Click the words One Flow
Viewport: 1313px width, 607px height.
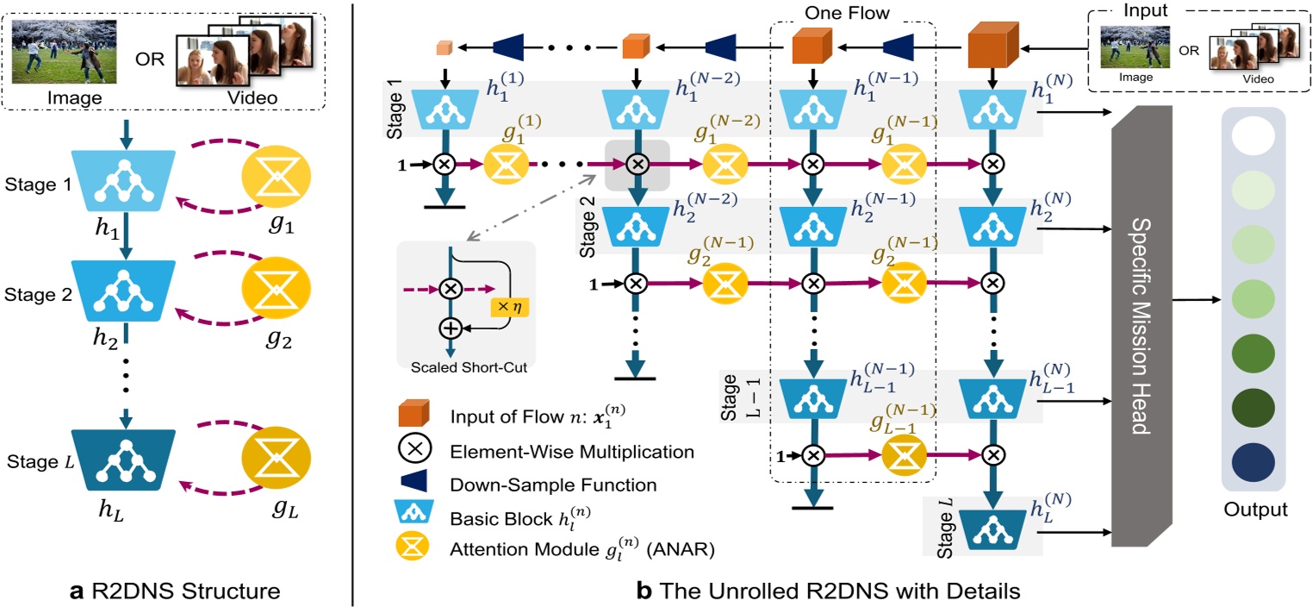click(x=847, y=13)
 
